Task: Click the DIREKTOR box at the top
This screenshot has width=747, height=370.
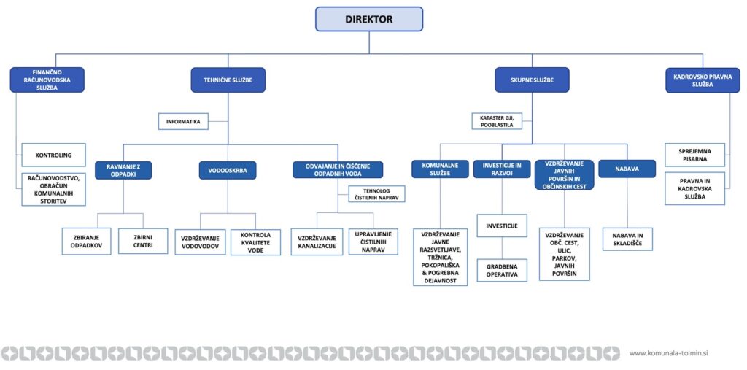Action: tap(368, 19)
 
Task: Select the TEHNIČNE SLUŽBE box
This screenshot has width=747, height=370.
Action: tap(228, 80)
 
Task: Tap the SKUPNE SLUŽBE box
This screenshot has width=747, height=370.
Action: tap(532, 80)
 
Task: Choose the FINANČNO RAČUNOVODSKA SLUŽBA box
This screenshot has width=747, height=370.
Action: tap(47, 80)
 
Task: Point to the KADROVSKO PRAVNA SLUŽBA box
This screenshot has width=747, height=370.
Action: tap(703, 80)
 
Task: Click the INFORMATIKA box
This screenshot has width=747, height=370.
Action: tap(183, 122)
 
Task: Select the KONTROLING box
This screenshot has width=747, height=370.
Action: tap(53, 155)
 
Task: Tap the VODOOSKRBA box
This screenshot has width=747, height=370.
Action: tap(228, 170)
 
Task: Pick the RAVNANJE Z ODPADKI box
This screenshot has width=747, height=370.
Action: tap(123, 170)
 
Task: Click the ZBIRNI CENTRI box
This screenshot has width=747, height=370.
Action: tap(143, 241)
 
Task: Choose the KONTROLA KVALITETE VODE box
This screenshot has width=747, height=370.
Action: tap(255, 242)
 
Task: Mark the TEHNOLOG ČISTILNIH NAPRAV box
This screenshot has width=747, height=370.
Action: tap(377, 194)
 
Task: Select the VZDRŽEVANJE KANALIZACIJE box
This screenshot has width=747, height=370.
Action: tap(317, 242)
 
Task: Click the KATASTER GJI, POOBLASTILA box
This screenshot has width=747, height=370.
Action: tap(497, 121)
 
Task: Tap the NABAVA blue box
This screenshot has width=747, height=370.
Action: tap(627, 169)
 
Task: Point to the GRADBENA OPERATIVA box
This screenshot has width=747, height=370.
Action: tap(502, 270)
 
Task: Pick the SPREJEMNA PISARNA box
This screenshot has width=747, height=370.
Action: tap(694, 155)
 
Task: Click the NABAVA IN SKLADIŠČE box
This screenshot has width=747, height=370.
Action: tap(627, 239)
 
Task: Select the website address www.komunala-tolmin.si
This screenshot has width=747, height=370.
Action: tap(668, 353)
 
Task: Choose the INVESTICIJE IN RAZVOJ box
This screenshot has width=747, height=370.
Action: tap(502, 169)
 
